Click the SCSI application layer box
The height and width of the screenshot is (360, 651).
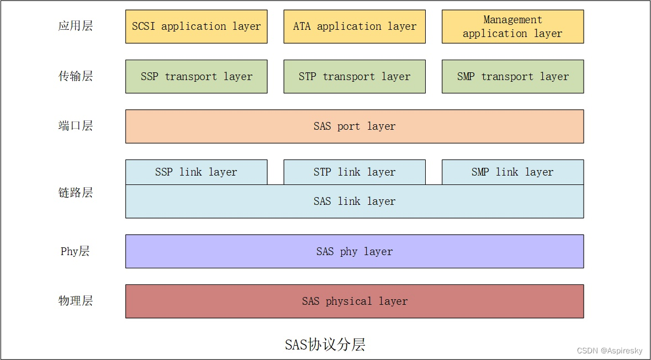pos(196,27)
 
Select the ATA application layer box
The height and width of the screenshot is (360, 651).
pos(354,27)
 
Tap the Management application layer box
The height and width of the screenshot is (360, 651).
pos(512,27)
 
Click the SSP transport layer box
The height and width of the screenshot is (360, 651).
pos(196,77)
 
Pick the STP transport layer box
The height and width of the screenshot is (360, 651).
pos(354,77)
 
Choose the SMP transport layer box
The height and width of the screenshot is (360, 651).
pos(512,77)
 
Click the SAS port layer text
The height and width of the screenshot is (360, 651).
pos(354,126)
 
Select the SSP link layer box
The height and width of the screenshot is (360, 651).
pos(196,172)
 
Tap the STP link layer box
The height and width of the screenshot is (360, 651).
pos(354,172)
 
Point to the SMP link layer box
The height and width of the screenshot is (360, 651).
pos(512,172)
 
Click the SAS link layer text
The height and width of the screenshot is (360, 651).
pos(354,202)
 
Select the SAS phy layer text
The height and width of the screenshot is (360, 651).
pos(354,252)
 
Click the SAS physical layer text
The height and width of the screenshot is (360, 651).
pos(354,301)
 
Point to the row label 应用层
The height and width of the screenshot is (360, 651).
pos(76,27)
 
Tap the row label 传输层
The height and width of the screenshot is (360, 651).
pos(76,76)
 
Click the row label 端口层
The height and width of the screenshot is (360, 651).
pos(76,126)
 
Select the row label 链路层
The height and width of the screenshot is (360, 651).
pos(76,193)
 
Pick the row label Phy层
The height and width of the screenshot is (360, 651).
pos(75,252)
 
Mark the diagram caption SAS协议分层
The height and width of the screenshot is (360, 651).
pos(325,345)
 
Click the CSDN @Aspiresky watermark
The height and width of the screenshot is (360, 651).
pos(610,351)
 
